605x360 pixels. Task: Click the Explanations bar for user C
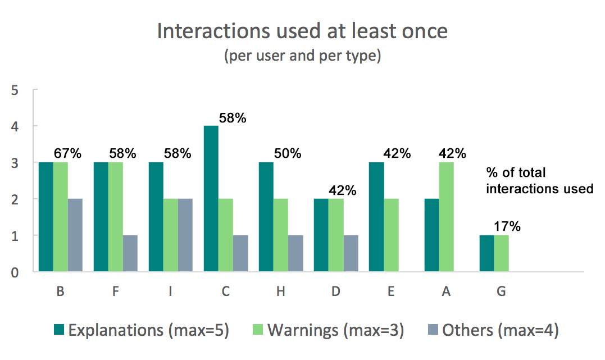(x=211, y=199)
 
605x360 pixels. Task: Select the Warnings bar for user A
(x=445, y=217)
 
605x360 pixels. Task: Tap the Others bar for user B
(x=75, y=235)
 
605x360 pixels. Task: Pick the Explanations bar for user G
(x=486, y=253)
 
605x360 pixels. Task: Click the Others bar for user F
(x=130, y=253)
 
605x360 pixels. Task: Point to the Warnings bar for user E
(x=390, y=235)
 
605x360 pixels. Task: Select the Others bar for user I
(x=185, y=235)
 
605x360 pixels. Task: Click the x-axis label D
(x=336, y=292)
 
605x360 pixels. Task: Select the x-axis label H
(x=280, y=292)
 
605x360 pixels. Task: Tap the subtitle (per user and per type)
(x=302, y=57)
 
